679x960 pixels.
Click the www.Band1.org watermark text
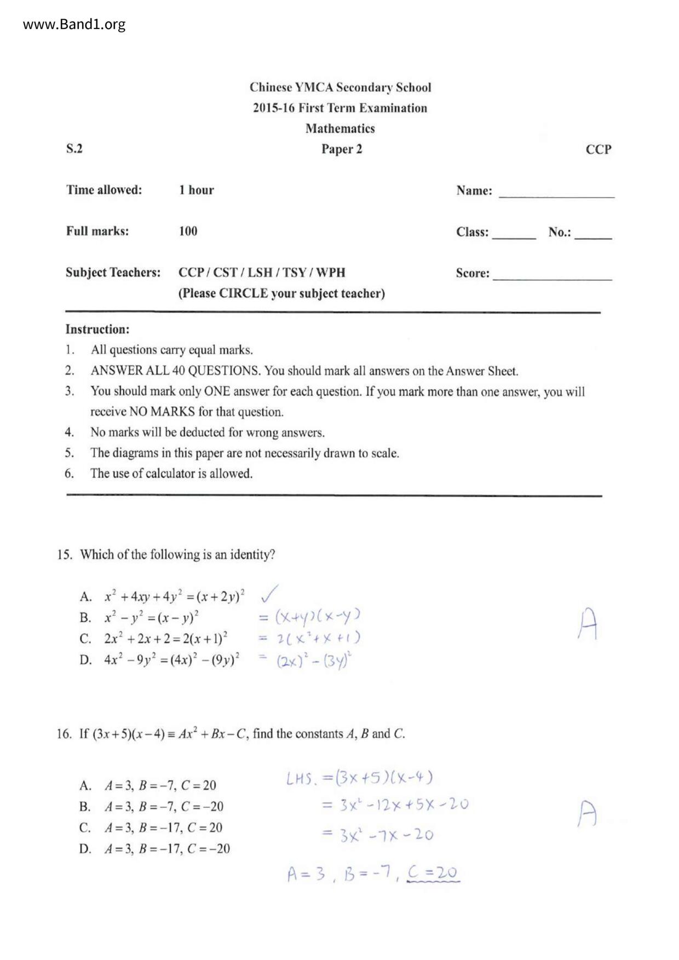74,25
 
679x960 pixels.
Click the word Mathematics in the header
340,129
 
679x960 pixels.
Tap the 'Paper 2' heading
342,149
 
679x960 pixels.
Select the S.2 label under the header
74,148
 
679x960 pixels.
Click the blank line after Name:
556,193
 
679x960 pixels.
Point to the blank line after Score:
552,275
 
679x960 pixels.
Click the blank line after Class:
514,234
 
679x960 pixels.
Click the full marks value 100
188,231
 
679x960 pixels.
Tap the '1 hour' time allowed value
196,190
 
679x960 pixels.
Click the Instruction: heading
97,329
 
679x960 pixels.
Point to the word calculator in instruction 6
172,473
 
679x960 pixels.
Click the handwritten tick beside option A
269,593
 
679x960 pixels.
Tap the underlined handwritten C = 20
433,872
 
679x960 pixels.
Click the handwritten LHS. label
301,778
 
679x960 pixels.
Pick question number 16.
64,734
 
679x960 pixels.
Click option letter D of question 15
85,660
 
